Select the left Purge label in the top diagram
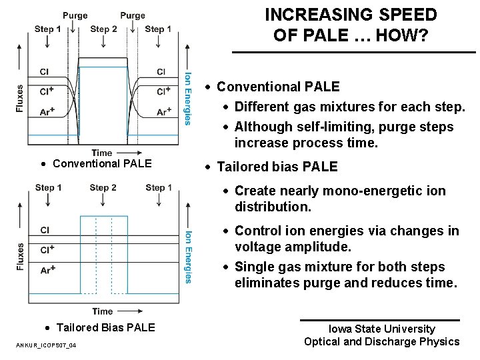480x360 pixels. (x=75, y=15)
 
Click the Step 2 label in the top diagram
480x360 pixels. (x=103, y=29)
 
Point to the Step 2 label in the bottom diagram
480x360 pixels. (x=103, y=188)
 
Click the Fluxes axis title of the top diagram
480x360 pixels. (x=21, y=99)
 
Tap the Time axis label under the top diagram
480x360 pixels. (x=102, y=153)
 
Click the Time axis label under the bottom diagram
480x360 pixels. (x=102, y=311)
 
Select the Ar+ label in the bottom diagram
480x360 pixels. (x=47, y=270)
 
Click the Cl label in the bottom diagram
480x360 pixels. (x=45, y=230)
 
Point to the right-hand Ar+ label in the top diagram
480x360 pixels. (x=164, y=113)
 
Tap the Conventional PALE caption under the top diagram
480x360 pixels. (x=102, y=164)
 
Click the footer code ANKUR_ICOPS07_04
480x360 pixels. (x=45, y=345)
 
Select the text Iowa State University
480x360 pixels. (x=381, y=329)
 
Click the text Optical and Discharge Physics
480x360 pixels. (x=381, y=341)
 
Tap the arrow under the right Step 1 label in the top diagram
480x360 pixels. (x=158, y=42)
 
